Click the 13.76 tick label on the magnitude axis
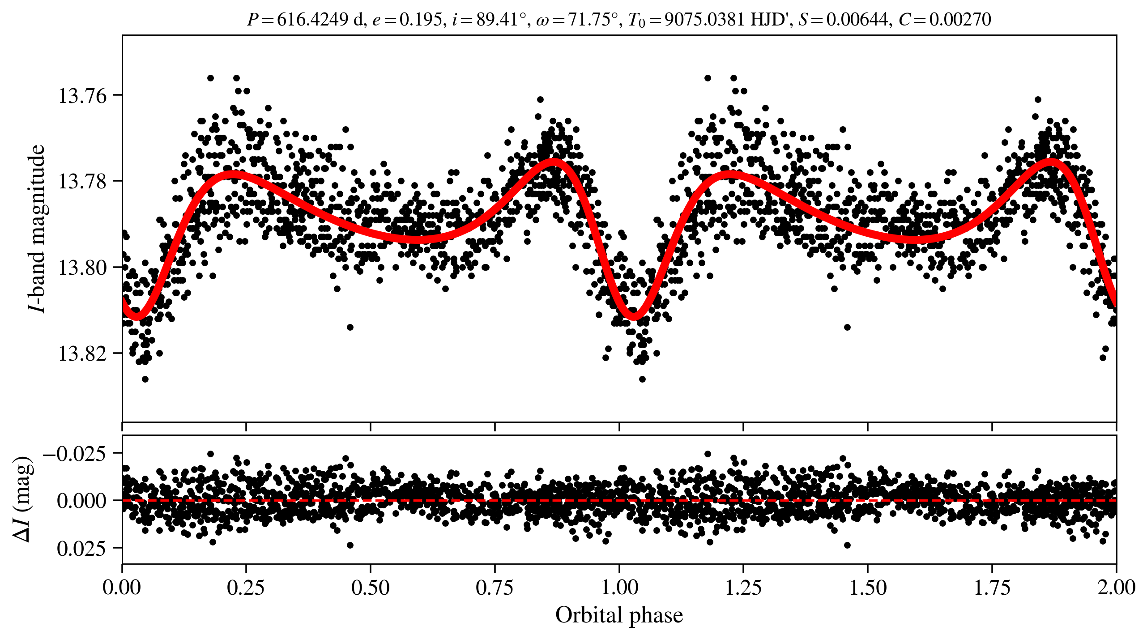(x=83, y=96)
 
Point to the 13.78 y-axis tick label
(x=83, y=182)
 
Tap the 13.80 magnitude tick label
(x=83, y=268)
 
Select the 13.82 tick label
(x=83, y=354)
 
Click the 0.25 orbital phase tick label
(x=246, y=588)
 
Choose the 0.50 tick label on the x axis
(x=370, y=588)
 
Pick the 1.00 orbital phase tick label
(x=619, y=588)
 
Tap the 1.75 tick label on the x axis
(x=992, y=588)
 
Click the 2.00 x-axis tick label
(x=1116, y=588)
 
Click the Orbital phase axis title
(x=619, y=615)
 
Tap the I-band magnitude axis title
(x=37, y=228)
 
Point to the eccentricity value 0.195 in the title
(x=420, y=19)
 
